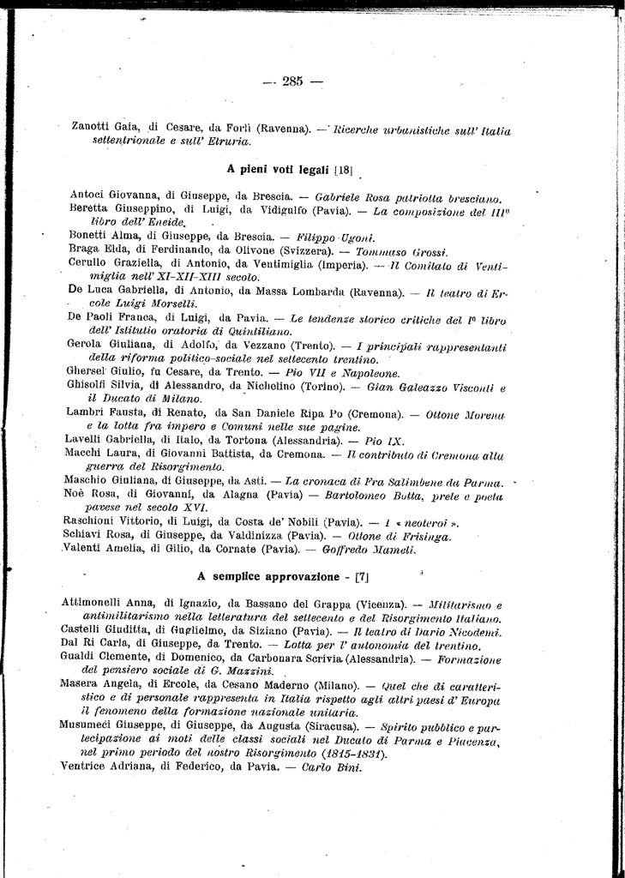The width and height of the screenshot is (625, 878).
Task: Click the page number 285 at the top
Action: pyautogui.click(x=291, y=82)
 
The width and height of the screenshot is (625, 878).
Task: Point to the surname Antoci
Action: pyautogui.click(x=88, y=195)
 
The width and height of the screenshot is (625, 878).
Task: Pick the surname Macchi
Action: pyautogui.click(x=85, y=453)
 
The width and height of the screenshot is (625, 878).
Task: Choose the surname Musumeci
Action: pyautogui.click(x=93, y=726)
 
